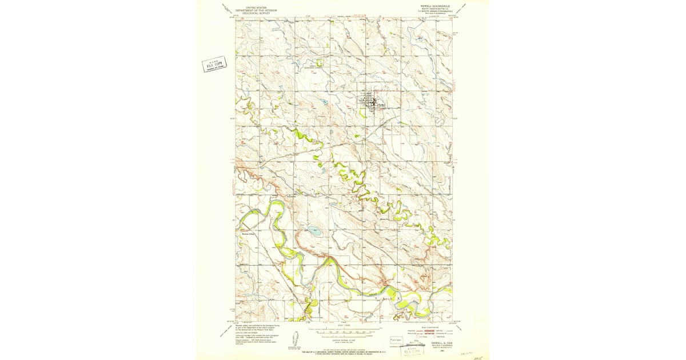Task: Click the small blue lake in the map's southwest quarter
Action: click(x=314, y=232)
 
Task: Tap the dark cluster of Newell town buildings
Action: click(x=370, y=103)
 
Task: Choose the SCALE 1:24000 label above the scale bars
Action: click(x=344, y=325)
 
